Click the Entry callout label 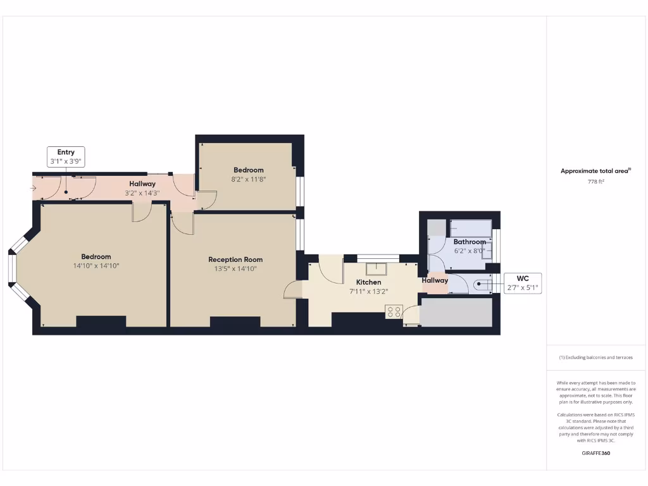point(66,156)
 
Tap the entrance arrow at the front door point(33,188)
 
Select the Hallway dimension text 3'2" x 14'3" point(142,192)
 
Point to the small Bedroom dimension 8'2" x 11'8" point(249,179)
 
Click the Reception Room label point(235,259)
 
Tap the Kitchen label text point(368,282)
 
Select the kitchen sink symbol point(376,268)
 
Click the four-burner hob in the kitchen point(394,311)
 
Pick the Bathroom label point(470,242)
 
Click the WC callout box point(523,283)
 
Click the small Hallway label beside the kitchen point(435,280)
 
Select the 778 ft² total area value point(595,182)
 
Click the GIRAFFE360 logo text point(595,453)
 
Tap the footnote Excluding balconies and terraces point(595,358)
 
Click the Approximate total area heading point(595,171)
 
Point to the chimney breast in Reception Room point(235,321)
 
